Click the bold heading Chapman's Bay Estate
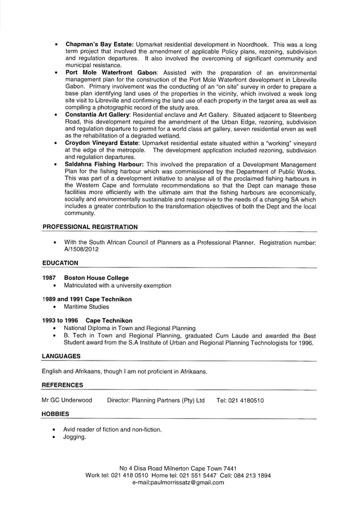pos(99,44)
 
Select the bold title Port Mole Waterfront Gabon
pos(112,73)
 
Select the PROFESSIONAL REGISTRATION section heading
pos(90,227)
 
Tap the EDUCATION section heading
pos(60,263)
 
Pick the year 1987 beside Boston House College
pos(50,278)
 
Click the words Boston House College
pos(96,278)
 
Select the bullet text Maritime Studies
pos(86,307)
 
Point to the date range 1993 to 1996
pos(60,321)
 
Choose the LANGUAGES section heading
pos(61,356)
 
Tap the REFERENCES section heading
pos(62,385)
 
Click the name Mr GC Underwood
pos(67,400)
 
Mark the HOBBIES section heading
pos(55,414)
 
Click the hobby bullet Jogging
pos(74,437)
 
